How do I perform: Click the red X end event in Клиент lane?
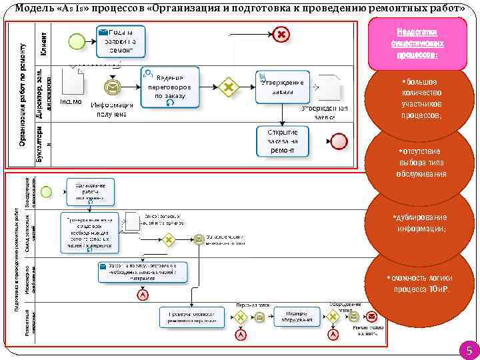[x=281, y=34]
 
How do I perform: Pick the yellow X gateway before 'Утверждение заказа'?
[x=229, y=87]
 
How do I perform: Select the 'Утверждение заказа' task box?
[x=282, y=87]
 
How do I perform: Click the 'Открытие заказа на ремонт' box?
[x=282, y=141]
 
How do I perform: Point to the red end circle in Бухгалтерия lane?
[x=340, y=141]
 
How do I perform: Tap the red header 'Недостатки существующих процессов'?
[x=418, y=43]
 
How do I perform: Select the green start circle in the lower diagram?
[x=46, y=191]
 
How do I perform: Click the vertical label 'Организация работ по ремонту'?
[x=22, y=93]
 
